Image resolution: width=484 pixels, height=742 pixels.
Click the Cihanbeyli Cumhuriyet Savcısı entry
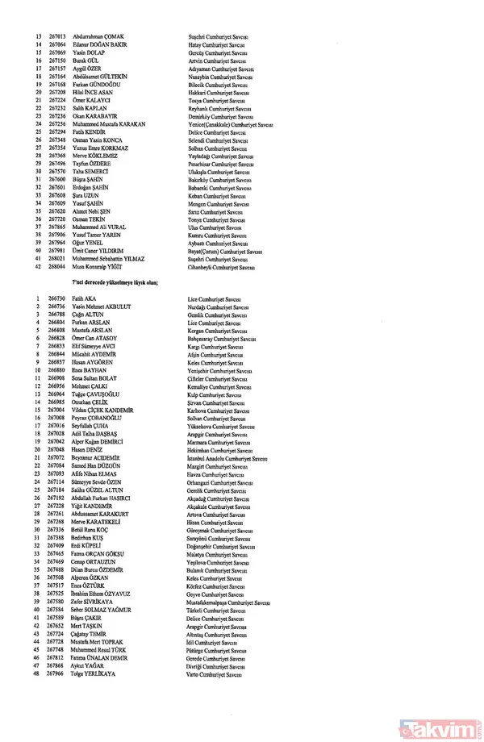point(222,266)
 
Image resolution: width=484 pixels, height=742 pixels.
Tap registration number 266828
point(56,337)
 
